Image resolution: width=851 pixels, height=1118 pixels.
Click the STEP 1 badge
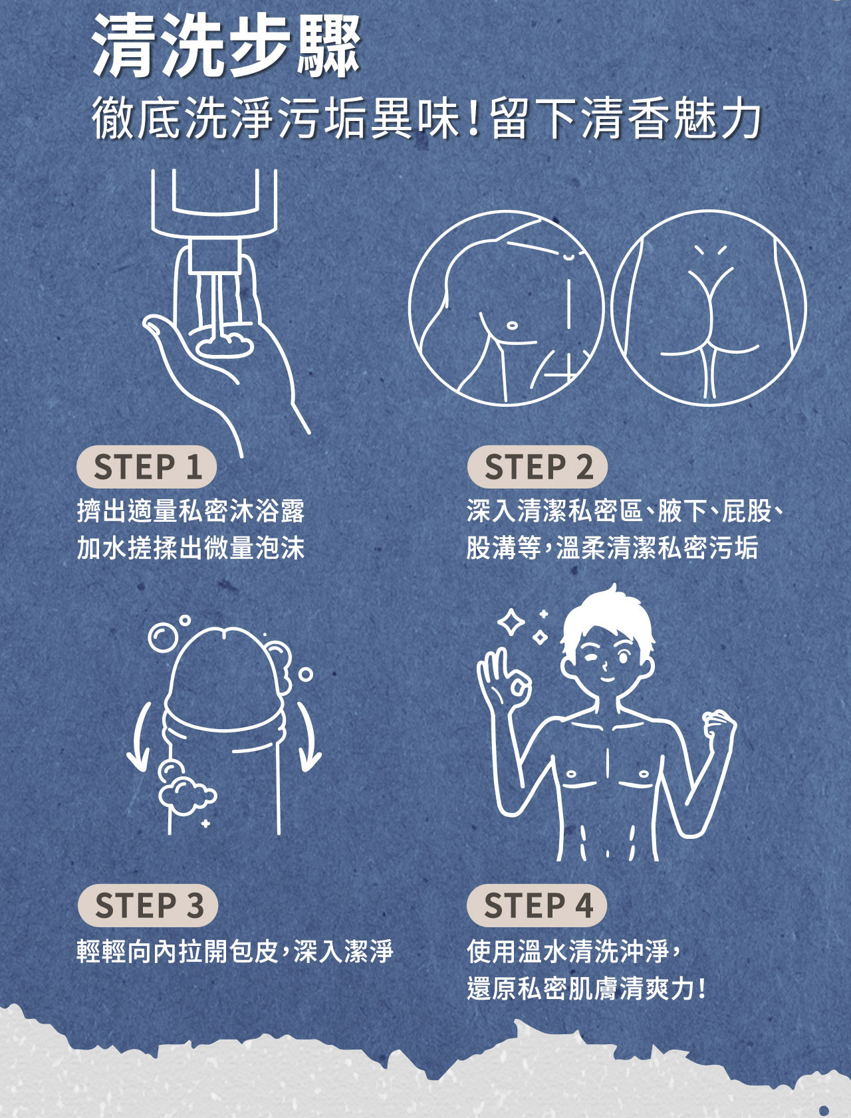(x=147, y=467)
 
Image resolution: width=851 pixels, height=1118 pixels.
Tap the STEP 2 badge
(x=537, y=467)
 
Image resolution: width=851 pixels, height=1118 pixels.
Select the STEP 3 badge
(x=148, y=905)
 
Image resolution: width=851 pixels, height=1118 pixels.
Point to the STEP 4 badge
(x=537, y=905)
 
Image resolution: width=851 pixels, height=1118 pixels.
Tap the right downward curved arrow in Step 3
(x=308, y=738)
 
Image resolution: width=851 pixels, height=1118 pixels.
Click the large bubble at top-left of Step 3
(x=162, y=637)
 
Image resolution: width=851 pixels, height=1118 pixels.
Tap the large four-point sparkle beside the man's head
(x=511, y=622)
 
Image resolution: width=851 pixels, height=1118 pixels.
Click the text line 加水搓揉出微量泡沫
(x=191, y=548)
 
